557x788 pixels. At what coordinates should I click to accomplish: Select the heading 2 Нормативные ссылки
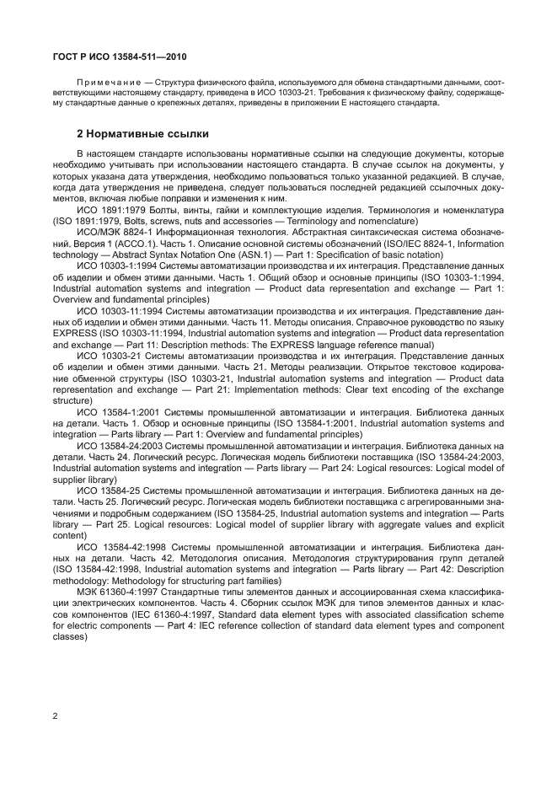[x=143, y=134]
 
